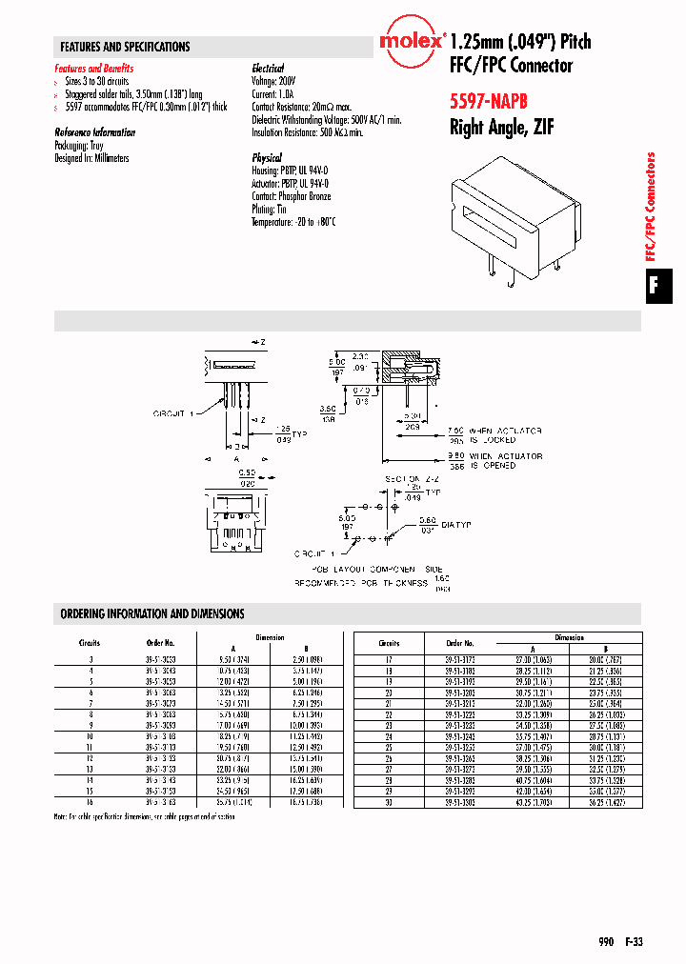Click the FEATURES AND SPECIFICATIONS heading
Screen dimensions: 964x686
click(125, 47)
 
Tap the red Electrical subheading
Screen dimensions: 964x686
click(268, 69)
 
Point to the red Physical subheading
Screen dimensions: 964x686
click(267, 157)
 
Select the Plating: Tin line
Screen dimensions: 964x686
click(269, 209)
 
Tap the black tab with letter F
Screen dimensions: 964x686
click(654, 284)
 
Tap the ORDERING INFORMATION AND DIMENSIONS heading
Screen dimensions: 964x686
click(152, 614)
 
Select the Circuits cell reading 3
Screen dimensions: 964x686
click(91, 658)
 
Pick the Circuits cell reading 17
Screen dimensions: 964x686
click(389, 658)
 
